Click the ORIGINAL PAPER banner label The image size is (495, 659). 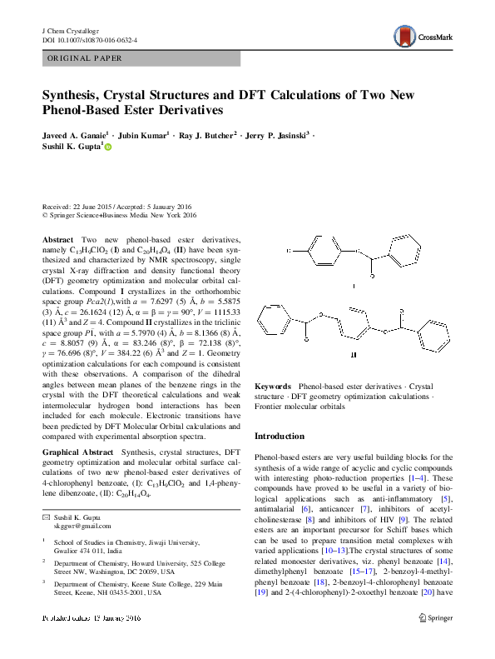coord(85,58)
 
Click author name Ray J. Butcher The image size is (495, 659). coord(205,133)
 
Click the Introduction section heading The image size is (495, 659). coord(279,436)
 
